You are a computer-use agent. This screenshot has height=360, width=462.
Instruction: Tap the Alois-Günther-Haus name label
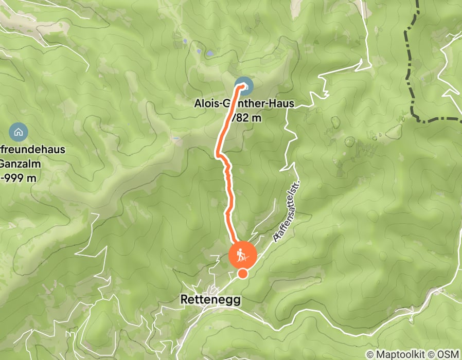244,103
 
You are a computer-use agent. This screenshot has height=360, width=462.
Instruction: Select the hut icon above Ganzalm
19,132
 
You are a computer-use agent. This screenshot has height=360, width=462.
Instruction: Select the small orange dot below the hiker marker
242,274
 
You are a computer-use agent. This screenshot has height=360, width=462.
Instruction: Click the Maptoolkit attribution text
400,354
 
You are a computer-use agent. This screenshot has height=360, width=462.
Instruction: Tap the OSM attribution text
449,354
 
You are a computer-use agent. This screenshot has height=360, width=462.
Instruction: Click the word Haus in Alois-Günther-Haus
282,103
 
